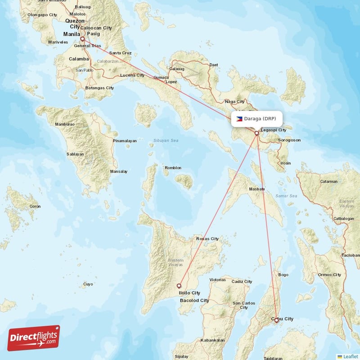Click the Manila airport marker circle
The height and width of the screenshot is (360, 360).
click(x=82, y=39)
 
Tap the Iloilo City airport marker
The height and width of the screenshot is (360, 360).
click(x=179, y=285)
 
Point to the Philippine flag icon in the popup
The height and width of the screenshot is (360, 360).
click(x=239, y=119)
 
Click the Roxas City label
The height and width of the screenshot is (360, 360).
click(x=207, y=238)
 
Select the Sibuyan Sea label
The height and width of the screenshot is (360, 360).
click(x=166, y=141)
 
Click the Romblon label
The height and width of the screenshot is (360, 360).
click(x=173, y=168)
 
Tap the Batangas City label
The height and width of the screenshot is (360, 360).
click(x=99, y=88)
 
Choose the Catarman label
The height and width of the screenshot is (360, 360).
click(x=328, y=181)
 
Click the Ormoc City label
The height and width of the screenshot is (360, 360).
click(x=330, y=274)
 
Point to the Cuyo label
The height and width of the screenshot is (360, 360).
click(x=88, y=284)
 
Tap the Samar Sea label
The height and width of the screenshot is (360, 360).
click(x=287, y=196)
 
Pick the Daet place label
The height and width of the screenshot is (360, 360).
click(x=213, y=65)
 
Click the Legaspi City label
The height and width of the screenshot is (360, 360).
click(x=273, y=130)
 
